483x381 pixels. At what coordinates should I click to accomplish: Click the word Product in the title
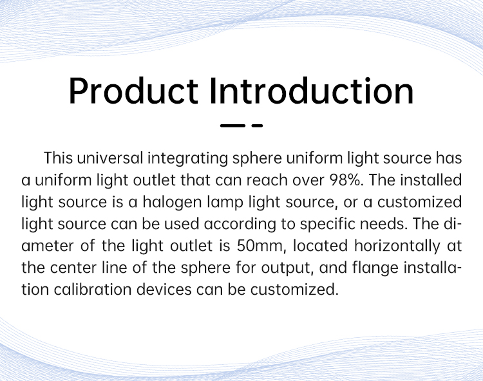pyautogui.click(x=133, y=91)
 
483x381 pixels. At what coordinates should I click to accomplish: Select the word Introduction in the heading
pyautogui.click(x=312, y=91)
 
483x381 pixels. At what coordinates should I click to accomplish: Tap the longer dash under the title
pyautogui.click(x=232, y=125)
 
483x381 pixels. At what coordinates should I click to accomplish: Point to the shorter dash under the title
pyautogui.click(x=257, y=125)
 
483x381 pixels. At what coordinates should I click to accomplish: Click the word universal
pyautogui.click(x=110, y=158)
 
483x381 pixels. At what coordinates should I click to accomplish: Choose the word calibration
pyautogui.click(x=92, y=290)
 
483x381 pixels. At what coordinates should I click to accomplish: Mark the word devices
pyautogui.click(x=164, y=290)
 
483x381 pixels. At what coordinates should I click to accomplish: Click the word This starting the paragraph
pyautogui.click(x=58, y=158)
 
